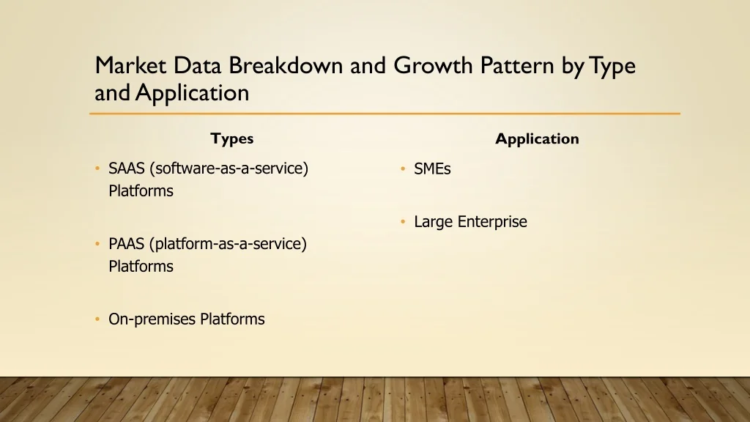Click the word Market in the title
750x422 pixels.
coord(130,65)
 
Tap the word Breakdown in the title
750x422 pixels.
coord(286,65)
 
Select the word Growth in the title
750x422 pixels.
coord(433,65)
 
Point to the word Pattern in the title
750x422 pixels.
coord(517,65)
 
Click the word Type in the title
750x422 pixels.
coord(613,67)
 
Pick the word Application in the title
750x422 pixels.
coord(193,93)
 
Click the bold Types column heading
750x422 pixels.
coord(232,138)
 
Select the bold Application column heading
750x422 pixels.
coord(537,139)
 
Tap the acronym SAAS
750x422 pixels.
coord(126,169)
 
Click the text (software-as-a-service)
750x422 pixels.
coord(229,169)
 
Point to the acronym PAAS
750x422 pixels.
coord(126,244)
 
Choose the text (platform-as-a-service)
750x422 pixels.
coord(229,244)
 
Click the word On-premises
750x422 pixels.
coord(152,319)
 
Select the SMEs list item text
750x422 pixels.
coord(432,169)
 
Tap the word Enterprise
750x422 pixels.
coord(492,222)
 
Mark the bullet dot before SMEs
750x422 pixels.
coord(403,169)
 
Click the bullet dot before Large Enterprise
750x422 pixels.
coord(403,221)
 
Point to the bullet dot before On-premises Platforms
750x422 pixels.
coord(97,319)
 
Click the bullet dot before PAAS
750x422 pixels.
coord(97,243)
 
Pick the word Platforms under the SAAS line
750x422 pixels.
coord(141,191)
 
